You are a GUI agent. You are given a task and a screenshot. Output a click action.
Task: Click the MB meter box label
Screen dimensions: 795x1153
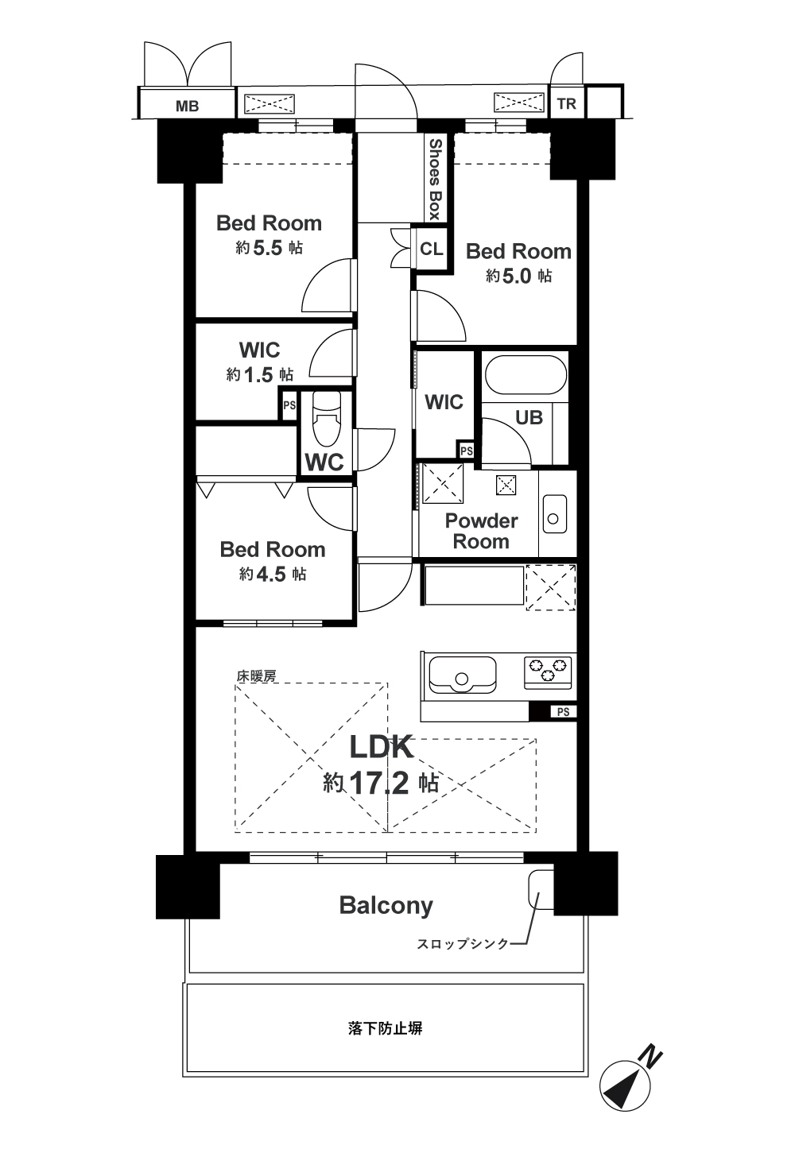click(187, 106)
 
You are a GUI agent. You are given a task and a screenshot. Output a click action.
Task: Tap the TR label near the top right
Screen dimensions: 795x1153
click(566, 104)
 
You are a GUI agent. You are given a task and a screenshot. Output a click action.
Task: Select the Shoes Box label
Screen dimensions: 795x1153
click(436, 179)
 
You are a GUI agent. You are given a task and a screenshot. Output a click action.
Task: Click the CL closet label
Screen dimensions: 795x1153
click(432, 250)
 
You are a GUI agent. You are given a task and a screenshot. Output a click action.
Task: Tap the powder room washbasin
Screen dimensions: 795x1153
click(554, 513)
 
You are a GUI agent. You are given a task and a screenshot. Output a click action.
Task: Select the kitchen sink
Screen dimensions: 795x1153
click(462, 675)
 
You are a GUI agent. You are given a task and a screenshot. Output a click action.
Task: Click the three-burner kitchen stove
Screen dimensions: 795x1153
click(548, 671)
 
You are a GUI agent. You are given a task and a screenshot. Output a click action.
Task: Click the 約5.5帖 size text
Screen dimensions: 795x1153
click(270, 248)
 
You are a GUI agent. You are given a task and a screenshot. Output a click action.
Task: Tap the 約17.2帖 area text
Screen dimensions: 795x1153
click(381, 783)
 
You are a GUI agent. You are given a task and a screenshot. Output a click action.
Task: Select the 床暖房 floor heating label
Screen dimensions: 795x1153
click(257, 676)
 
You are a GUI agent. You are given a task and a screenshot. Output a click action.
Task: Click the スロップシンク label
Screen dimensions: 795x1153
click(463, 944)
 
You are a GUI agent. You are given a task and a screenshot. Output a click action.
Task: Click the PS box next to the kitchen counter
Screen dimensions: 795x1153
click(564, 712)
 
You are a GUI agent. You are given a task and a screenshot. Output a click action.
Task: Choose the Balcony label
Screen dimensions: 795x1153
click(386, 905)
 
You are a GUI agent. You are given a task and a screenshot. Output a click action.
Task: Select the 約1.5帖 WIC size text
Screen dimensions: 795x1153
click(259, 374)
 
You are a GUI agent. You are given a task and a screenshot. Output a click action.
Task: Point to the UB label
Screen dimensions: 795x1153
click(529, 417)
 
